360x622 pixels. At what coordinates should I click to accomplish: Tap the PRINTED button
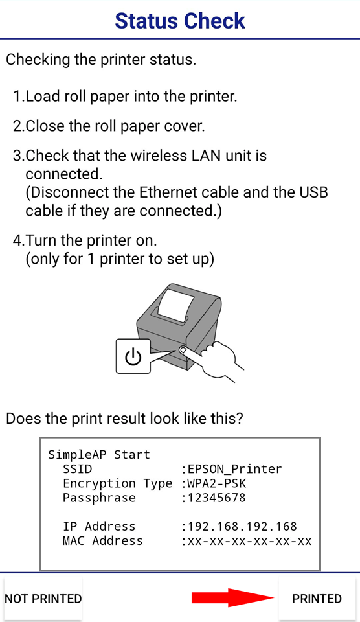[x=317, y=599]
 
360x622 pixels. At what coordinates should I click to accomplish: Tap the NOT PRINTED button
[x=43, y=599]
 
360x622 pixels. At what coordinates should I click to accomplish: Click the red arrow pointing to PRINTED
[x=232, y=598]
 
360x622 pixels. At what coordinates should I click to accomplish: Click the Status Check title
[x=180, y=21]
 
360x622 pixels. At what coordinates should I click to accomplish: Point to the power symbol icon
[x=133, y=356]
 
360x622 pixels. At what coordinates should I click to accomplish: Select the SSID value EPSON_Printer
[x=235, y=469]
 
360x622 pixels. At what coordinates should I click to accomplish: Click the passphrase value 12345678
[x=216, y=498]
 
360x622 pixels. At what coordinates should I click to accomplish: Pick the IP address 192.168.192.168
[x=242, y=526]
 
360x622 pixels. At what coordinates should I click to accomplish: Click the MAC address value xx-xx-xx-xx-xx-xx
[x=249, y=540]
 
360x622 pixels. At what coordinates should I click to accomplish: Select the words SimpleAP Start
[x=99, y=455]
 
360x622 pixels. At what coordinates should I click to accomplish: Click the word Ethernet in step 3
[x=168, y=192]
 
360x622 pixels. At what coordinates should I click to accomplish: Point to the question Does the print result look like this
[x=124, y=419]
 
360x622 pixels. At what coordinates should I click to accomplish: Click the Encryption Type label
[x=118, y=483]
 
